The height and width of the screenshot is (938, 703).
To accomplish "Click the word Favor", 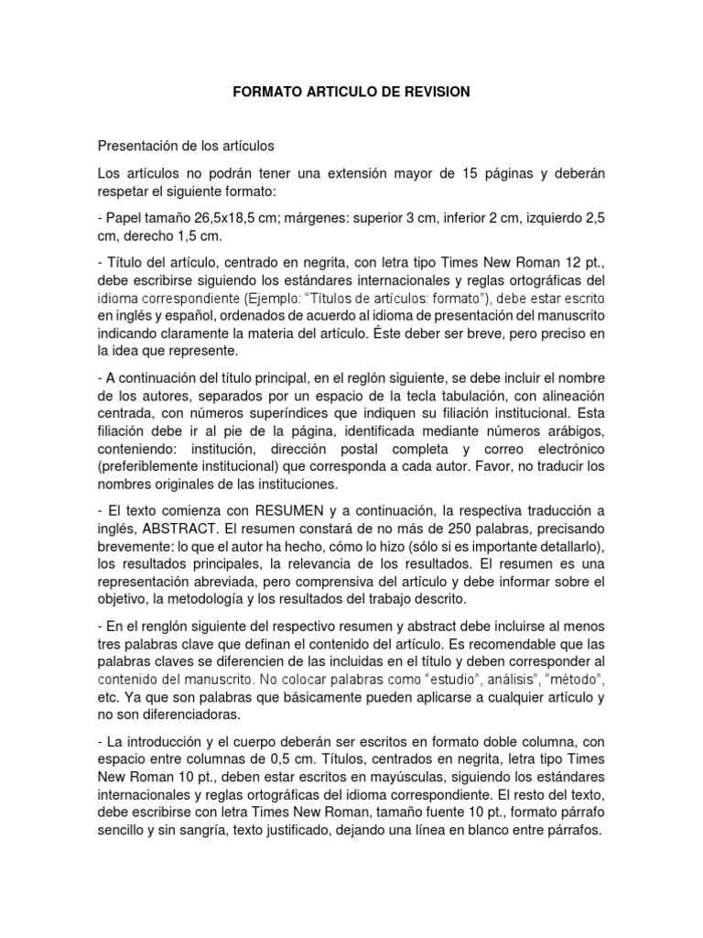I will (457, 465).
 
